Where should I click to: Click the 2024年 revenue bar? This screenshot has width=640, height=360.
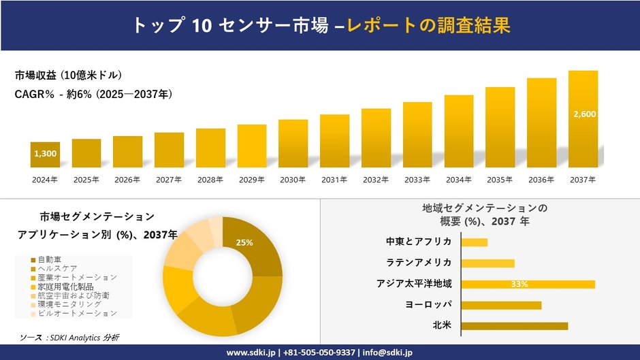[45, 154]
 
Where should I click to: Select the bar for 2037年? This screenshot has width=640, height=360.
[583, 119]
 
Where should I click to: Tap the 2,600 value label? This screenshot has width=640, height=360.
[584, 114]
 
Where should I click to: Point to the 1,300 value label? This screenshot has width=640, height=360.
[45, 154]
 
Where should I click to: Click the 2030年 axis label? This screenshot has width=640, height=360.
[293, 180]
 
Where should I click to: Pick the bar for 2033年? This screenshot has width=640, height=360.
[417, 135]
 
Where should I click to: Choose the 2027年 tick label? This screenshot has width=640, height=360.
[169, 180]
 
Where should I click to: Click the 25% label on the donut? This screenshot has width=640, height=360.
[244, 242]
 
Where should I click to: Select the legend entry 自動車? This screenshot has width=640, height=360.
[51, 260]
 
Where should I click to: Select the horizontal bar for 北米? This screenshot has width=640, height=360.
[514, 326]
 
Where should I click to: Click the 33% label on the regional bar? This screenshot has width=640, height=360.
[519, 284]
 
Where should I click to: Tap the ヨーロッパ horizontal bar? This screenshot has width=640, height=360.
[501, 305]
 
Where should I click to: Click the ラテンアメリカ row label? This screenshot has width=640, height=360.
[418, 263]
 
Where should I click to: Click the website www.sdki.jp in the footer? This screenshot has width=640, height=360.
[250, 353]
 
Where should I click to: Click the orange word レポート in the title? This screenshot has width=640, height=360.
[381, 25]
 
